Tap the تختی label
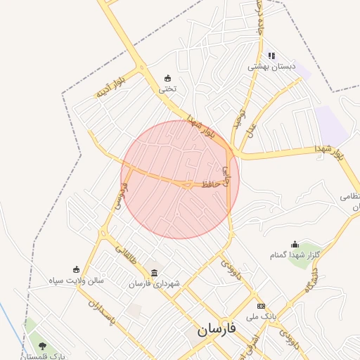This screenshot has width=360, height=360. [167, 89]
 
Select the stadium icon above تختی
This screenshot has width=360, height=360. [167, 77]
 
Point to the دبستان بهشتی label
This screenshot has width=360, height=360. [271, 67]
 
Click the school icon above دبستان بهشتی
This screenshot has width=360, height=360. [271, 56]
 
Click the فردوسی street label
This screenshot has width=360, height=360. [119, 197]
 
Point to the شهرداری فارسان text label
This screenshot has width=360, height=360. [154, 284]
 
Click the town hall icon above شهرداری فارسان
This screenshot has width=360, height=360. [154, 273]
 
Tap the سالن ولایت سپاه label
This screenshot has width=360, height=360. [76, 280]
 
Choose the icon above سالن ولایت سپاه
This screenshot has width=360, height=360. [76, 269]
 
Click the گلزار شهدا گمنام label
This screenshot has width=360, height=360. [295, 255]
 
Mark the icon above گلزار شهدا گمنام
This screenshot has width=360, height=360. [295, 244]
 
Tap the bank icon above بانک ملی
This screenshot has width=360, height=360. [262, 306]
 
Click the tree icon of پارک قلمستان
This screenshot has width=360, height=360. [43, 346]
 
